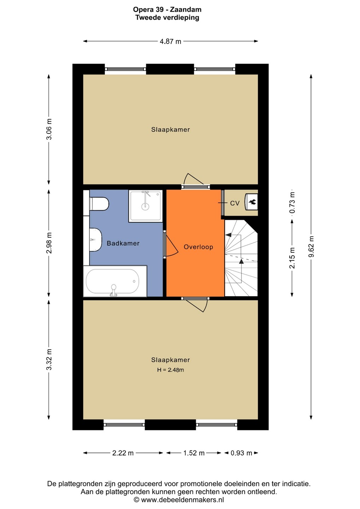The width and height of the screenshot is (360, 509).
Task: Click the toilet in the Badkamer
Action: pyautogui.click(x=99, y=204)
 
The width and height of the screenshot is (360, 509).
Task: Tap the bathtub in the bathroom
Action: pyautogui.click(x=115, y=281)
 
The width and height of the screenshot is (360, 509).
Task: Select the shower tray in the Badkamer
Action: pyautogui.click(x=145, y=206)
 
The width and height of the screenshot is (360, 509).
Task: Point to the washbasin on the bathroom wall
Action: pyautogui.click(x=95, y=240)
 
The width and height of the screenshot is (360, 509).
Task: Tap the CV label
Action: pyautogui.click(x=235, y=203)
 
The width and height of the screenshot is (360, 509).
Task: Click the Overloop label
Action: pyautogui.click(x=198, y=247)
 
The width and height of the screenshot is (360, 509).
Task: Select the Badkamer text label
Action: pyautogui.click(x=123, y=243)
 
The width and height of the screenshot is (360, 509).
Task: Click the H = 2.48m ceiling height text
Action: pyautogui.click(x=170, y=370)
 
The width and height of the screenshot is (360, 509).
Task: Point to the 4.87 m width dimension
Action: pyautogui.click(x=170, y=41)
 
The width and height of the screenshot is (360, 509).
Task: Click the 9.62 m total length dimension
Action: pyautogui.click(x=311, y=247)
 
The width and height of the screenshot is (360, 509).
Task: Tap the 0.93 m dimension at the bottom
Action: pyautogui.click(x=242, y=453)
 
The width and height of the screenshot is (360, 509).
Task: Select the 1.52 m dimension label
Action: pyautogui.click(x=194, y=453)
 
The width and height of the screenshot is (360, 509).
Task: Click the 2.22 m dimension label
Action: pyautogui.click(x=123, y=453)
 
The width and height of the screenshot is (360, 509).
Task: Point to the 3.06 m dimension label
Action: pyautogui.click(x=49, y=129)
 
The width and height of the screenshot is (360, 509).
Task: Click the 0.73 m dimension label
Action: pyautogui.click(x=292, y=203)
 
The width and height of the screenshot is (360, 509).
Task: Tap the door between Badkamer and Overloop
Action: pyautogui.click(x=171, y=245)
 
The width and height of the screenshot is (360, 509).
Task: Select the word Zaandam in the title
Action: pyautogui.click(x=185, y=10)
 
